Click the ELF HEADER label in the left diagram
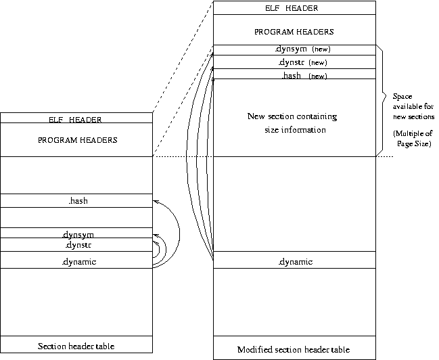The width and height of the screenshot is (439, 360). [x=76, y=119]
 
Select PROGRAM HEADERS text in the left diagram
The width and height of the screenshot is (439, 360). [x=76, y=140]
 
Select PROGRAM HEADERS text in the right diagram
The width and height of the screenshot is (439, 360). [x=294, y=32]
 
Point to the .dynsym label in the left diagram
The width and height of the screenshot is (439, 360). [x=76, y=234]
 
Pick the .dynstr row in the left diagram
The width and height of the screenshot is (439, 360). [x=76, y=244]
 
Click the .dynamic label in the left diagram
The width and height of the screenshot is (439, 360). [x=76, y=261]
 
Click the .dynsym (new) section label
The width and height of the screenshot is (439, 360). [x=302, y=49]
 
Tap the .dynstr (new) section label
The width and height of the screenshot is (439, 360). [x=302, y=62]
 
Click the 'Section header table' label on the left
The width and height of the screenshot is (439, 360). [x=76, y=346]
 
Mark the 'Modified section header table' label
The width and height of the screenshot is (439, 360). [x=294, y=350]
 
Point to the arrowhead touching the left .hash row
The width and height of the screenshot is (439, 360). [x=156, y=202]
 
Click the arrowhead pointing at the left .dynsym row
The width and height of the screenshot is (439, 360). [x=156, y=235]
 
